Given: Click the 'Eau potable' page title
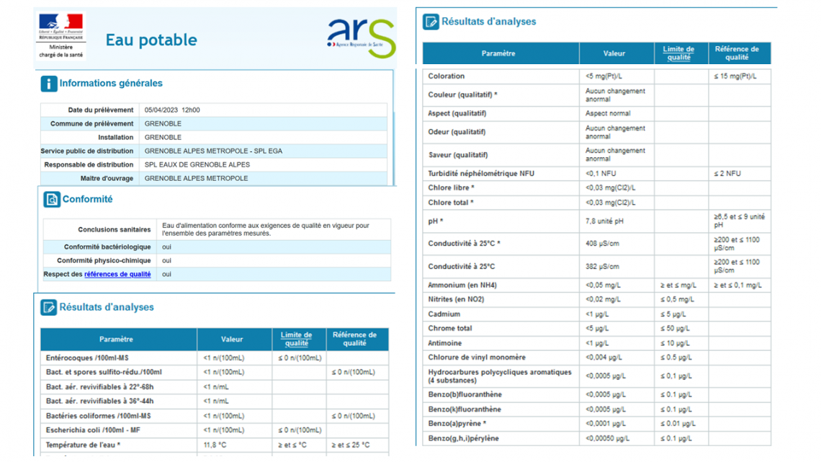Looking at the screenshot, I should (x=151, y=40).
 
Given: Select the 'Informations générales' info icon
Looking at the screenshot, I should (x=49, y=84).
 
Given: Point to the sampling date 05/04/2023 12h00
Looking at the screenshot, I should (x=172, y=110).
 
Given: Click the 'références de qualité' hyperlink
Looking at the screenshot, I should (x=117, y=275).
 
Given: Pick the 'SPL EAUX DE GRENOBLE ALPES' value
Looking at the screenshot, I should (x=197, y=165).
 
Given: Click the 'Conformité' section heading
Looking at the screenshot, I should (x=87, y=200).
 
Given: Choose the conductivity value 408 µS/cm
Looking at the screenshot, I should (x=602, y=244).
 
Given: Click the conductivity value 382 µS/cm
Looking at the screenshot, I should (x=602, y=267).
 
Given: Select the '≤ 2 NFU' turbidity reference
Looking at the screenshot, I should (x=727, y=174).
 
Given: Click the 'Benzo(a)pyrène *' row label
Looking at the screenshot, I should (x=457, y=424).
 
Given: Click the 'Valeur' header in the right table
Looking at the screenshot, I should (x=614, y=53).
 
